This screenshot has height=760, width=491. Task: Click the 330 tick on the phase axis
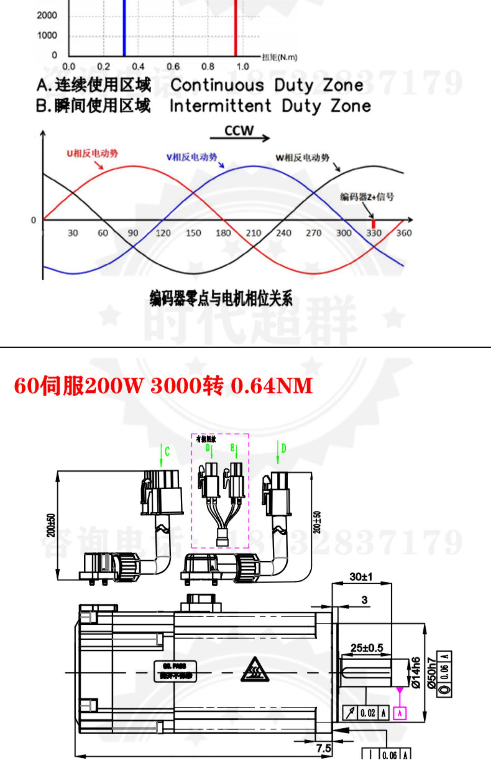pos(373,233)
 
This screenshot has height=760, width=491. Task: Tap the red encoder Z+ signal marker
pos(373,224)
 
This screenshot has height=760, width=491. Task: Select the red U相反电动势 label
pos(92,154)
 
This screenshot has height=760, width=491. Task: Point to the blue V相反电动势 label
pos(191,157)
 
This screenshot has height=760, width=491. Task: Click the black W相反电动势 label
pos(302,158)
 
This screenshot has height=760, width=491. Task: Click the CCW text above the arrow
pos(239,131)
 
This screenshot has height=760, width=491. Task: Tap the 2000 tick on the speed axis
pos(47,15)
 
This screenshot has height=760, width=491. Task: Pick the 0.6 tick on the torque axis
pos(173,67)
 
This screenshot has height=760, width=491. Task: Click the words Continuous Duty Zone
pos(267,85)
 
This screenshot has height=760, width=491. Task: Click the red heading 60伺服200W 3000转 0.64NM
pos(163,386)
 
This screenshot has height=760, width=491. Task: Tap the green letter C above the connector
pos(167,452)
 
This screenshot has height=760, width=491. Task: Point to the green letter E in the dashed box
pos(232,447)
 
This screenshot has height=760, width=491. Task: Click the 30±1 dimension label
pos(361,577)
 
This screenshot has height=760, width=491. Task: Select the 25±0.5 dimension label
pos(367,648)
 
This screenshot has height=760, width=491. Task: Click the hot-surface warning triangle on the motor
pos(255,670)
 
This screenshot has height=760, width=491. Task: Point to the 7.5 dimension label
pos(323,748)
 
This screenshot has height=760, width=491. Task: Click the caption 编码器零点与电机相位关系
pos(221,298)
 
